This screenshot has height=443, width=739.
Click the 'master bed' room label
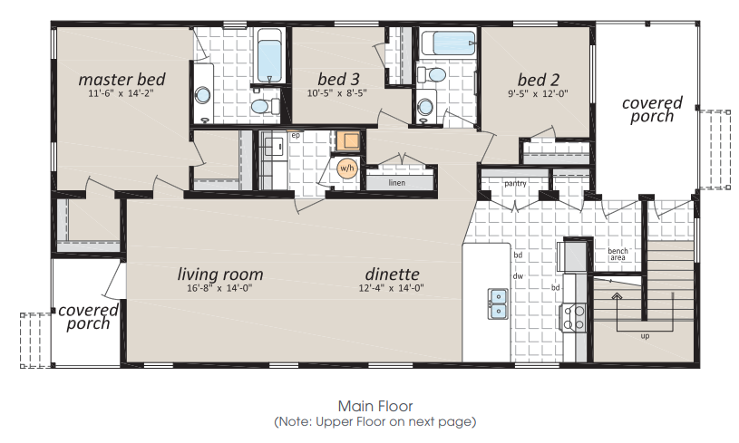tap(122, 79)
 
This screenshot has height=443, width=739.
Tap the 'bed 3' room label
tap(338, 79)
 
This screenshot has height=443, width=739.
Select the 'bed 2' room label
tap(539, 80)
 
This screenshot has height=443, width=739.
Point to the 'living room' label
tap(220, 274)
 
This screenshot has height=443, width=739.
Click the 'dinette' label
tap(392, 274)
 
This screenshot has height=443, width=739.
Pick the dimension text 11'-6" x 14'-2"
tap(122, 93)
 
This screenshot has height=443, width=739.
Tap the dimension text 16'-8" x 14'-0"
tap(219, 288)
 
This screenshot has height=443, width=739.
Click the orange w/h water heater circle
tap(347, 169)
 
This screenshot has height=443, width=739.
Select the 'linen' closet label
tap(397, 183)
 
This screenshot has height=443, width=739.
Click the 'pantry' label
tap(515, 183)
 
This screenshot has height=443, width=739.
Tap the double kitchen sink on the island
tap(498, 303)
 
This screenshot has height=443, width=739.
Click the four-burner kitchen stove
tap(573, 317)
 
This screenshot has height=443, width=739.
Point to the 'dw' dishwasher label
tap(518, 276)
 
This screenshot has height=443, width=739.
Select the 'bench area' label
tap(617, 255)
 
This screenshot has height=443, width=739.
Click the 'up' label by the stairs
tap(645, 336)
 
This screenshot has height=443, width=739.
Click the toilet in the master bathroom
tap(265, 106)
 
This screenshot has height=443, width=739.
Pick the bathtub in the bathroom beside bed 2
tap(448, 43)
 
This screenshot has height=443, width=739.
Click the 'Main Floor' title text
tap(375, 406)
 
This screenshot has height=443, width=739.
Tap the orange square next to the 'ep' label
tap(349, 141)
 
